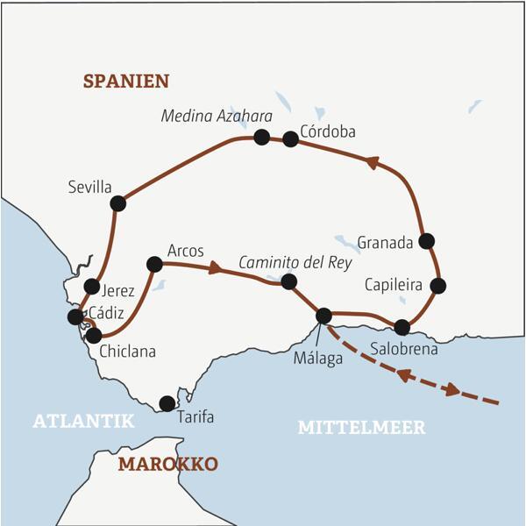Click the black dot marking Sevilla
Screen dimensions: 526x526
click(118, 203)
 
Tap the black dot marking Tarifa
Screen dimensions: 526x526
click(167, 403)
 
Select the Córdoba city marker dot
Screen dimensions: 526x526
click(290, 139)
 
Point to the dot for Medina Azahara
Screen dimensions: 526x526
click(261, 137)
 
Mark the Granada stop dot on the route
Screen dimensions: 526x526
click(427, 240)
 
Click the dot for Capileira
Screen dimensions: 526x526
click(438, 285)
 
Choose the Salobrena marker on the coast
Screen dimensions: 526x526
click(402, 328)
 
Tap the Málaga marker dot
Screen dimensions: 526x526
click(323, 316)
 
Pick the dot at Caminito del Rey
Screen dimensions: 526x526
click(288, 281)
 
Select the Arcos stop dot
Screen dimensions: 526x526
click(154, 263)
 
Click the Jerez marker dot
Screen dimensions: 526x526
click(91, 286)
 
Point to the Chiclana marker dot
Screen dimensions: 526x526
click(93, 334)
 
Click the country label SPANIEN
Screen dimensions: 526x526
click(126, 82)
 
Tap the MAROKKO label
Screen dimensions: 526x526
click(167, 464)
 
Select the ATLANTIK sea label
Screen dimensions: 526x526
click(84, 422)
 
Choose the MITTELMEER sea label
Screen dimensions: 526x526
click(361, 428)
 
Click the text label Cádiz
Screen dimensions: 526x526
click(119, 312)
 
